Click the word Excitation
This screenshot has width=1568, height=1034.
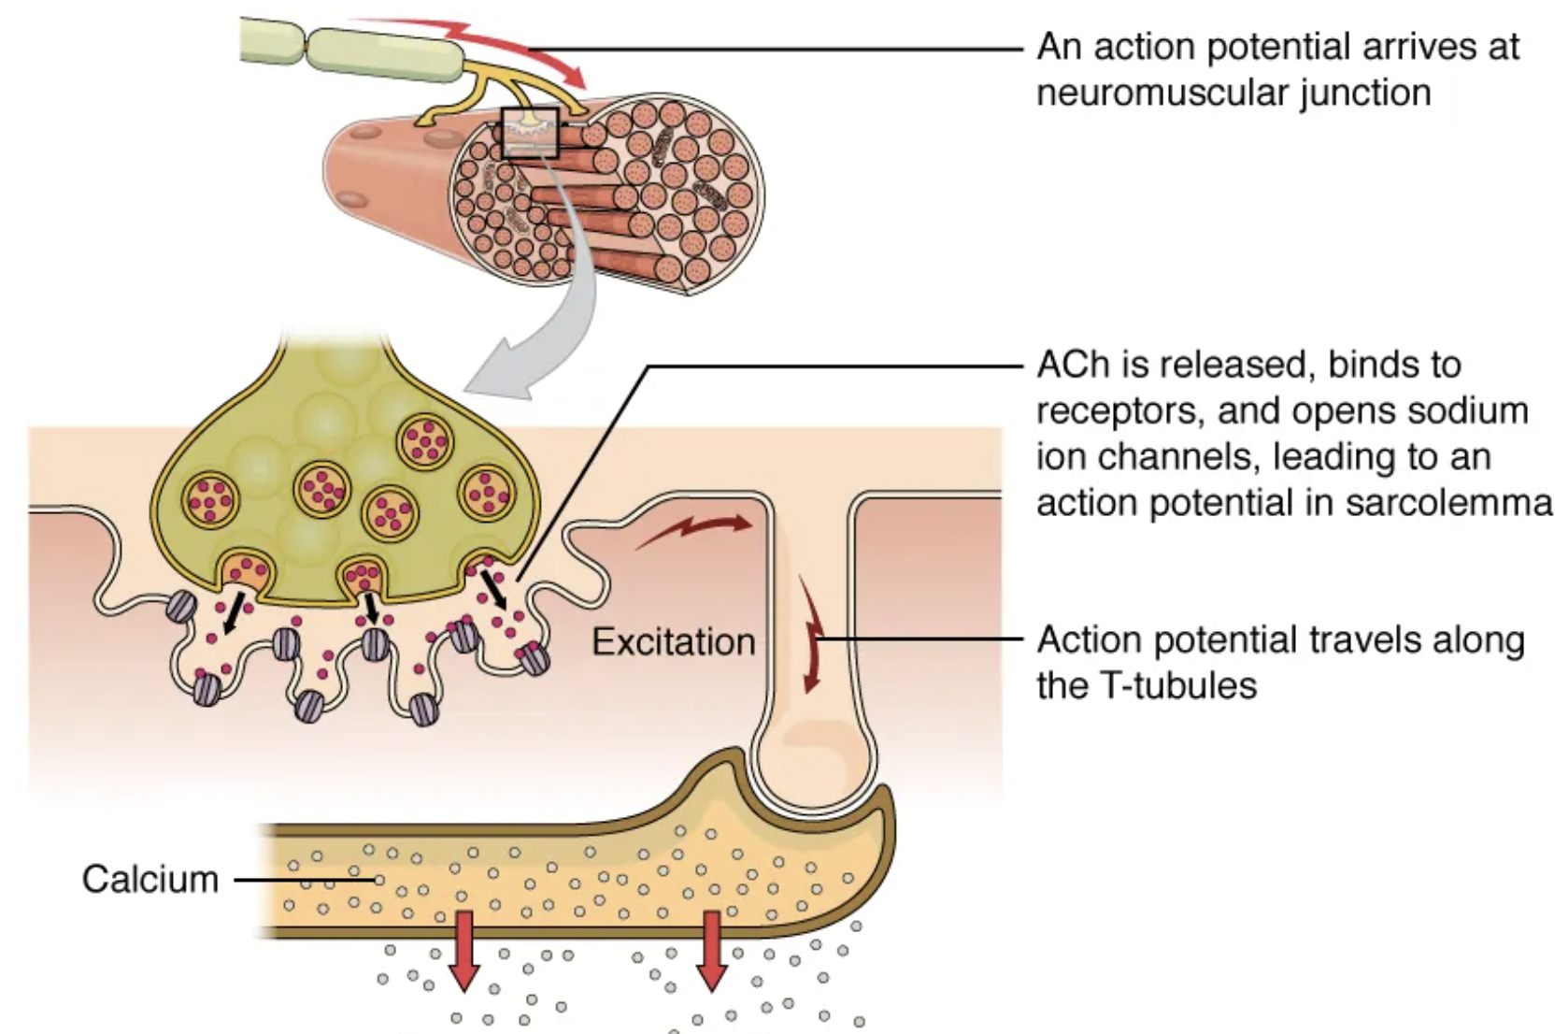(673, 642)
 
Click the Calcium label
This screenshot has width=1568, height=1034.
(150, 880)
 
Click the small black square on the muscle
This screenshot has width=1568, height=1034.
(530, 133)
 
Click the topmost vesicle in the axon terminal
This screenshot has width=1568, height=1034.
(425, 439)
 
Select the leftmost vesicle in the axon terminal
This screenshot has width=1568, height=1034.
(211, 499)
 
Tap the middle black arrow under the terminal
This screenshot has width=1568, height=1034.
(371, 608)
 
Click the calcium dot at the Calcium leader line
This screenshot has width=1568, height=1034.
(378, 880)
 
